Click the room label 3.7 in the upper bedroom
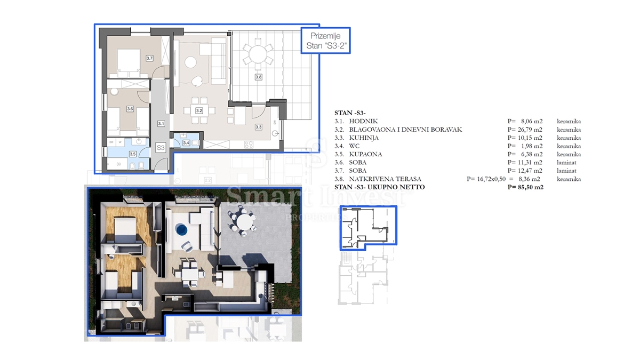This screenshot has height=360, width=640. point(149,58)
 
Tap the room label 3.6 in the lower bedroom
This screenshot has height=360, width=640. point(130,109)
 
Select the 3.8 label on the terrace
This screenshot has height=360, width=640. point(258,77)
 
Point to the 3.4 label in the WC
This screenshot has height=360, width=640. point(186,142)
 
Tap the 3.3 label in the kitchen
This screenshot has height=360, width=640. point(258,127)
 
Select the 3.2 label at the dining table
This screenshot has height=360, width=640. point(199,111)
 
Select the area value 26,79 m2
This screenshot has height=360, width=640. point(525,130)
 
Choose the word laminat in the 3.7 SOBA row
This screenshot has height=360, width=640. point(567,171)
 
